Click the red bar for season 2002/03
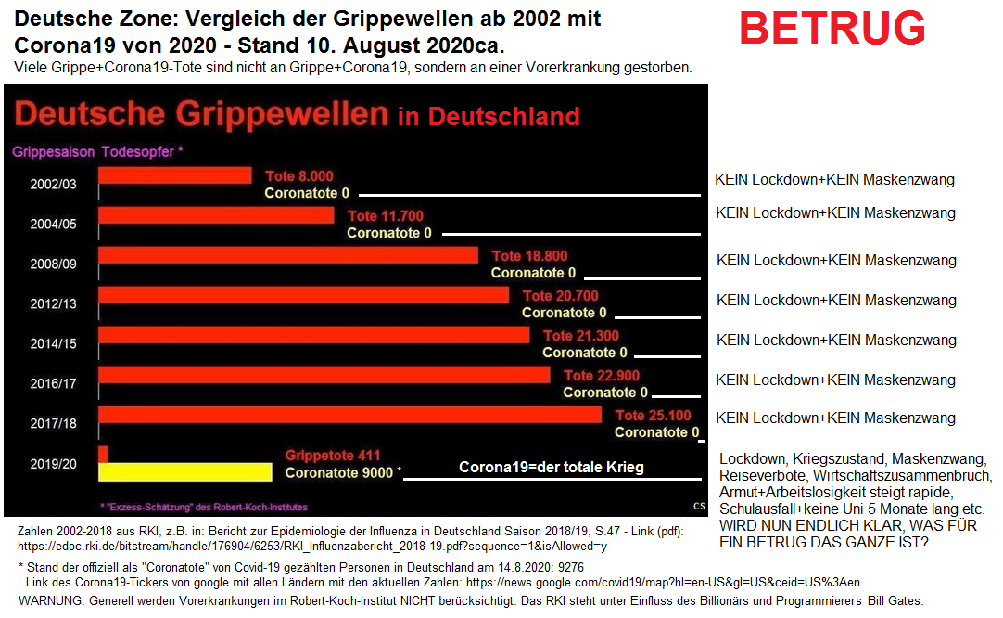coord(175,175)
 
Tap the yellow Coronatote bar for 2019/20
coord(184,471)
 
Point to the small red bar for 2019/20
coord(103,454)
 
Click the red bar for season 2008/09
coord(288,255)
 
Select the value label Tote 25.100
coord(653,416)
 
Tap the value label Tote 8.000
coord(298,176)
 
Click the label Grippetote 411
coord(332,456)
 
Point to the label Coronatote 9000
coord(338,472)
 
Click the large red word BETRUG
coord(832,29)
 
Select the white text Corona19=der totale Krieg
coord(551,468)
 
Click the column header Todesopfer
coord(141,151)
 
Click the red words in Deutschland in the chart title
coord(489,117)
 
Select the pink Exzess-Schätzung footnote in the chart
coord(203,507)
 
